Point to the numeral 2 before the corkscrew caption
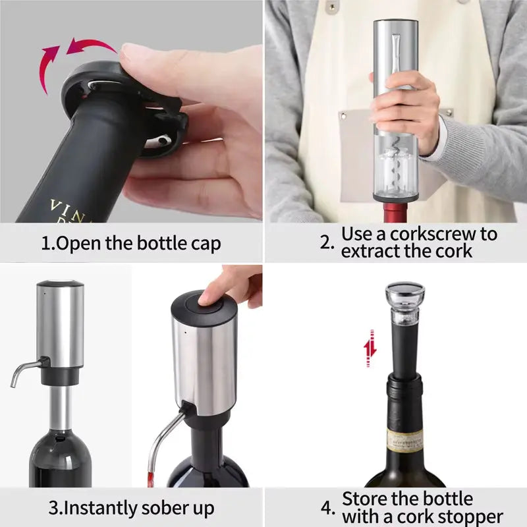(327, 242)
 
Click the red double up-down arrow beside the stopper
(370, 348)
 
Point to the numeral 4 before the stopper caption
(327, 508)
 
